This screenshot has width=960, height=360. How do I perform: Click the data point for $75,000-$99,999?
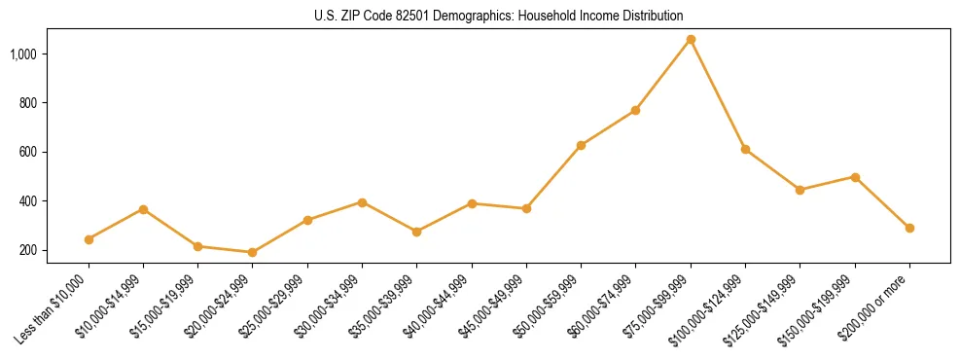coord(691,40)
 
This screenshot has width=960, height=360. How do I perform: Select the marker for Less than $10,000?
coord(89,239)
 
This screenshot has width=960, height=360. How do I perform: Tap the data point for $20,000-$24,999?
coord(253,252)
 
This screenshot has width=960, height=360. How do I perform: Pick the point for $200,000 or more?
coord(909,228)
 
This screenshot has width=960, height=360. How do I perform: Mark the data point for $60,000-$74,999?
coord(635,111)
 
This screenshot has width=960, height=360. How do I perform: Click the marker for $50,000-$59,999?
coord(581,145)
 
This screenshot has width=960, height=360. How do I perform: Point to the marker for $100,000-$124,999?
coord(745,149)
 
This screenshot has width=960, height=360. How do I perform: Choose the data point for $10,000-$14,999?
coord(144,209)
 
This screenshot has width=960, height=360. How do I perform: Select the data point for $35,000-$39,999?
coord(417,232)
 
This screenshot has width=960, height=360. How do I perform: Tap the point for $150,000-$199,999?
coord(855,177)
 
